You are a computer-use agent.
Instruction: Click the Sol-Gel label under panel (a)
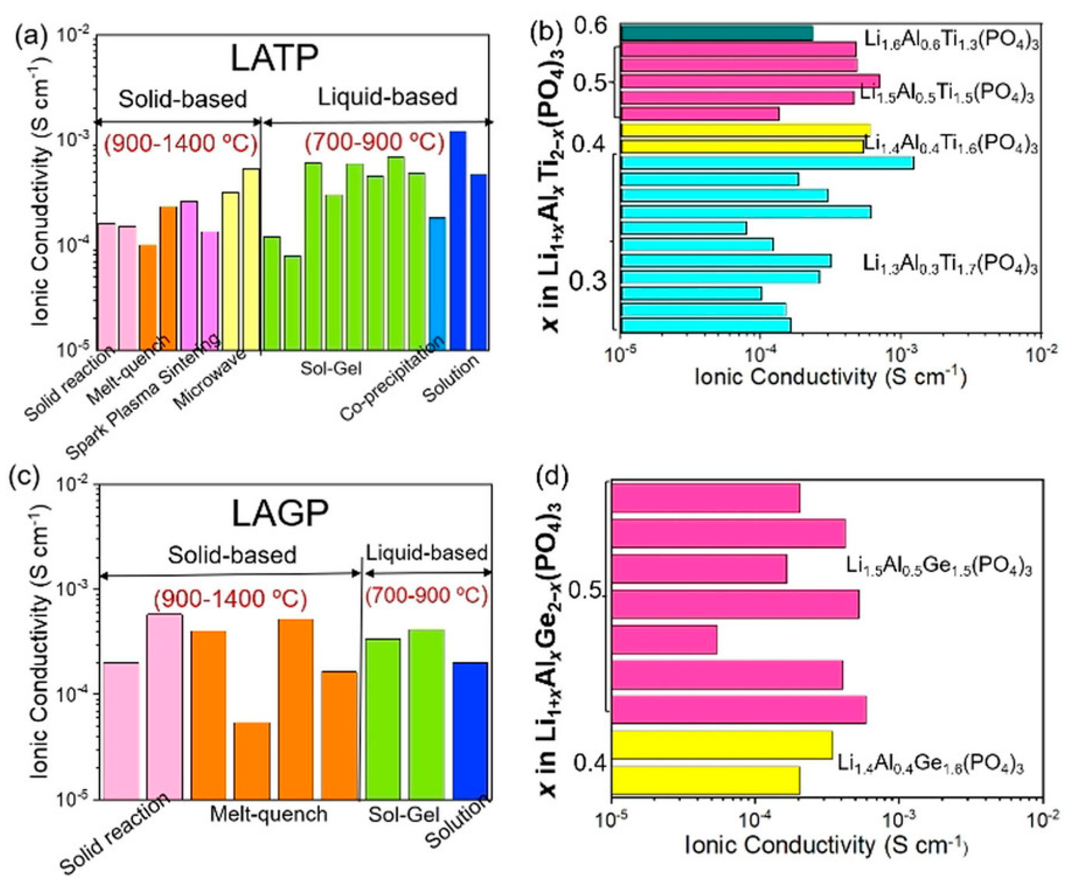tap(331, 368)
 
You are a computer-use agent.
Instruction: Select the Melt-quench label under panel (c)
tap(268, 814)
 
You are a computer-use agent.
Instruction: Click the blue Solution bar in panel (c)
tap(470, 731)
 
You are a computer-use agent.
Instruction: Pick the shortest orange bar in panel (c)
tap(252, 761)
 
